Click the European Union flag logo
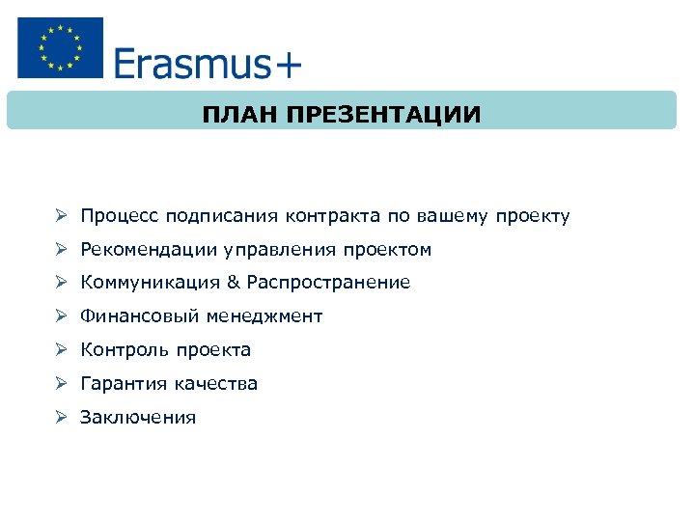point(60,47)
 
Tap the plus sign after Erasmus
point(288,66)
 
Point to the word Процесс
point(120,216)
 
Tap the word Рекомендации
point(150,250)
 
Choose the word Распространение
point(328,283)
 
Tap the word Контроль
point(121,350)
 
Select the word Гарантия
point(124,384)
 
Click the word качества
point(216,384)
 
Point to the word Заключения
point(138,418)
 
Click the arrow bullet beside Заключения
point(60,418)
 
